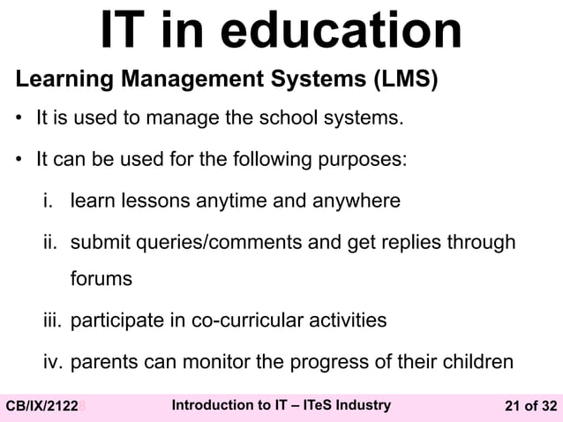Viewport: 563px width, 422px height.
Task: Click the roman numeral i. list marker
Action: [51, 200]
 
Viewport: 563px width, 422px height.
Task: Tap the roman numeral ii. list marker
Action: [51, 241]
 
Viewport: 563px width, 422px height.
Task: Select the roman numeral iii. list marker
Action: [53, 319]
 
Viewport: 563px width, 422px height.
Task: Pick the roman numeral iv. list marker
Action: [53, 361]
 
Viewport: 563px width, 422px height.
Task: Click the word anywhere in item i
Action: [353, 201]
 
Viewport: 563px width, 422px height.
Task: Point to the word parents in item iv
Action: [102, 361]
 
